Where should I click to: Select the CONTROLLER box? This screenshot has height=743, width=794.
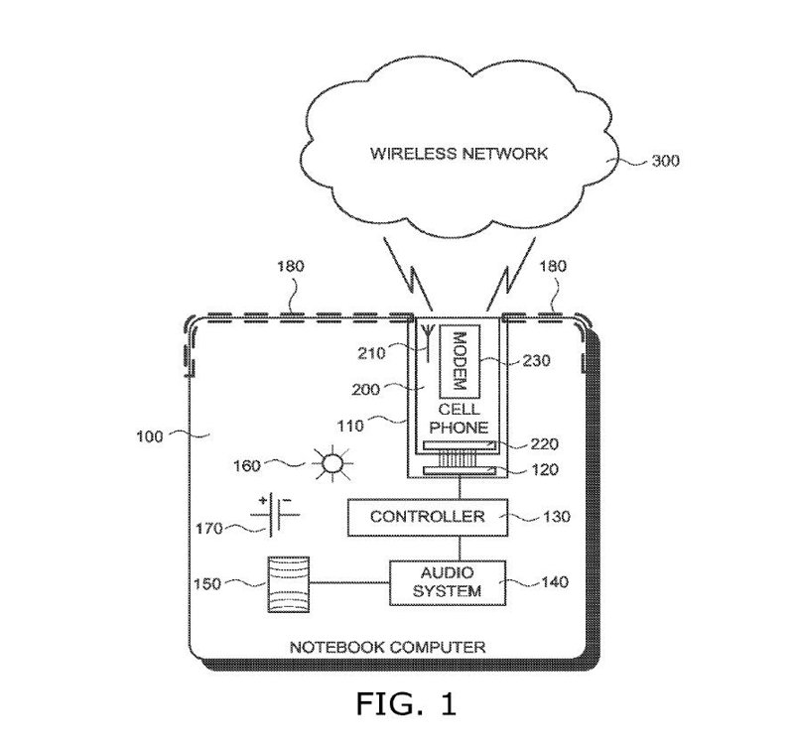(427, 517)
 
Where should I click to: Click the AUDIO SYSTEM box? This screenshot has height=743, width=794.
(449, 582)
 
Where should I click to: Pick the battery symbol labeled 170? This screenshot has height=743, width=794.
(279, 514)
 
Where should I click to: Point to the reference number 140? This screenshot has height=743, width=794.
(556, 583)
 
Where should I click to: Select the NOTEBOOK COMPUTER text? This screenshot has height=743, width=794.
(387, 647)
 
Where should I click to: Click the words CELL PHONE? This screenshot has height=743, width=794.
(460, 419)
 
